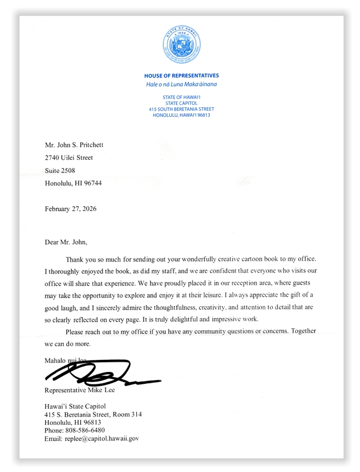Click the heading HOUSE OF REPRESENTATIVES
pyautogui.click(x=181, y=76)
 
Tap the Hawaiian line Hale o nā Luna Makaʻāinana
pyautogui.click(x=181, y=85)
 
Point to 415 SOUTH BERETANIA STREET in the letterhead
pyautogui.click(x=181, y=109)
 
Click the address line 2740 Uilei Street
pyautogui.click(x=69, y=158)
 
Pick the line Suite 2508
pyautogui.click(x=61, y=170)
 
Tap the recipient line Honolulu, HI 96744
pyautogui.click(x=73, y=183)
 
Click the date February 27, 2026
pyautogui.click(x=70, y=209)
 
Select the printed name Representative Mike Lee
pyautogui.click(x=80, y=390)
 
